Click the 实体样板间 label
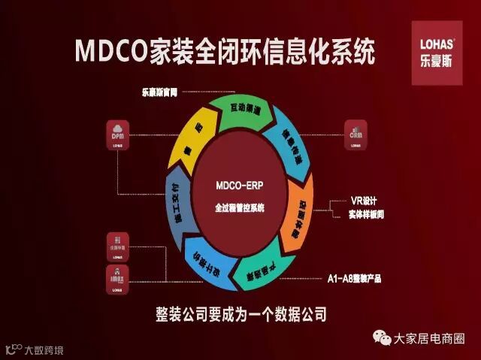click(x=372, y=216)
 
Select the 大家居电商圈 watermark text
click(x=430, y=339)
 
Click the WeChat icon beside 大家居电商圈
click(x=383, y=339)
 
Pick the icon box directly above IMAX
click(x=119, y=245)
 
